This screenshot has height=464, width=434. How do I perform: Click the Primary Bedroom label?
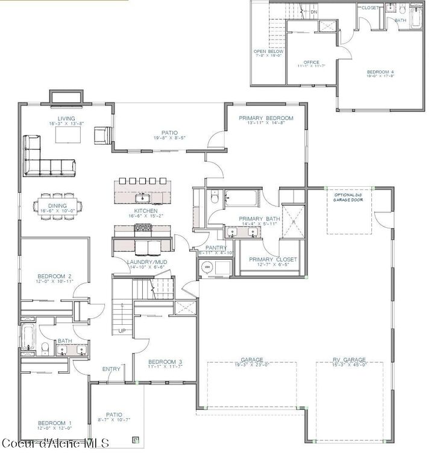point(266,118)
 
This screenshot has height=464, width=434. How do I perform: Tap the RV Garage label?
point(349,360)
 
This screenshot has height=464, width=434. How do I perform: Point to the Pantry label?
point(215,248)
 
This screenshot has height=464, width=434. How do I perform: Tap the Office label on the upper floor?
point(311,62)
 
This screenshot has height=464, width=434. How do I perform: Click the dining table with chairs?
point(58,205)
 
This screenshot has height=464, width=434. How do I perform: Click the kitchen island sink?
point(142,197)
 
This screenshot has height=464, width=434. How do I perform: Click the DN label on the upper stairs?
point(313,11)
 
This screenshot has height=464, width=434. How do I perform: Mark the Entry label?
point(111,369)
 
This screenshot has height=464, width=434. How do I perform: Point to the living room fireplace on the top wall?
point(66,97)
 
